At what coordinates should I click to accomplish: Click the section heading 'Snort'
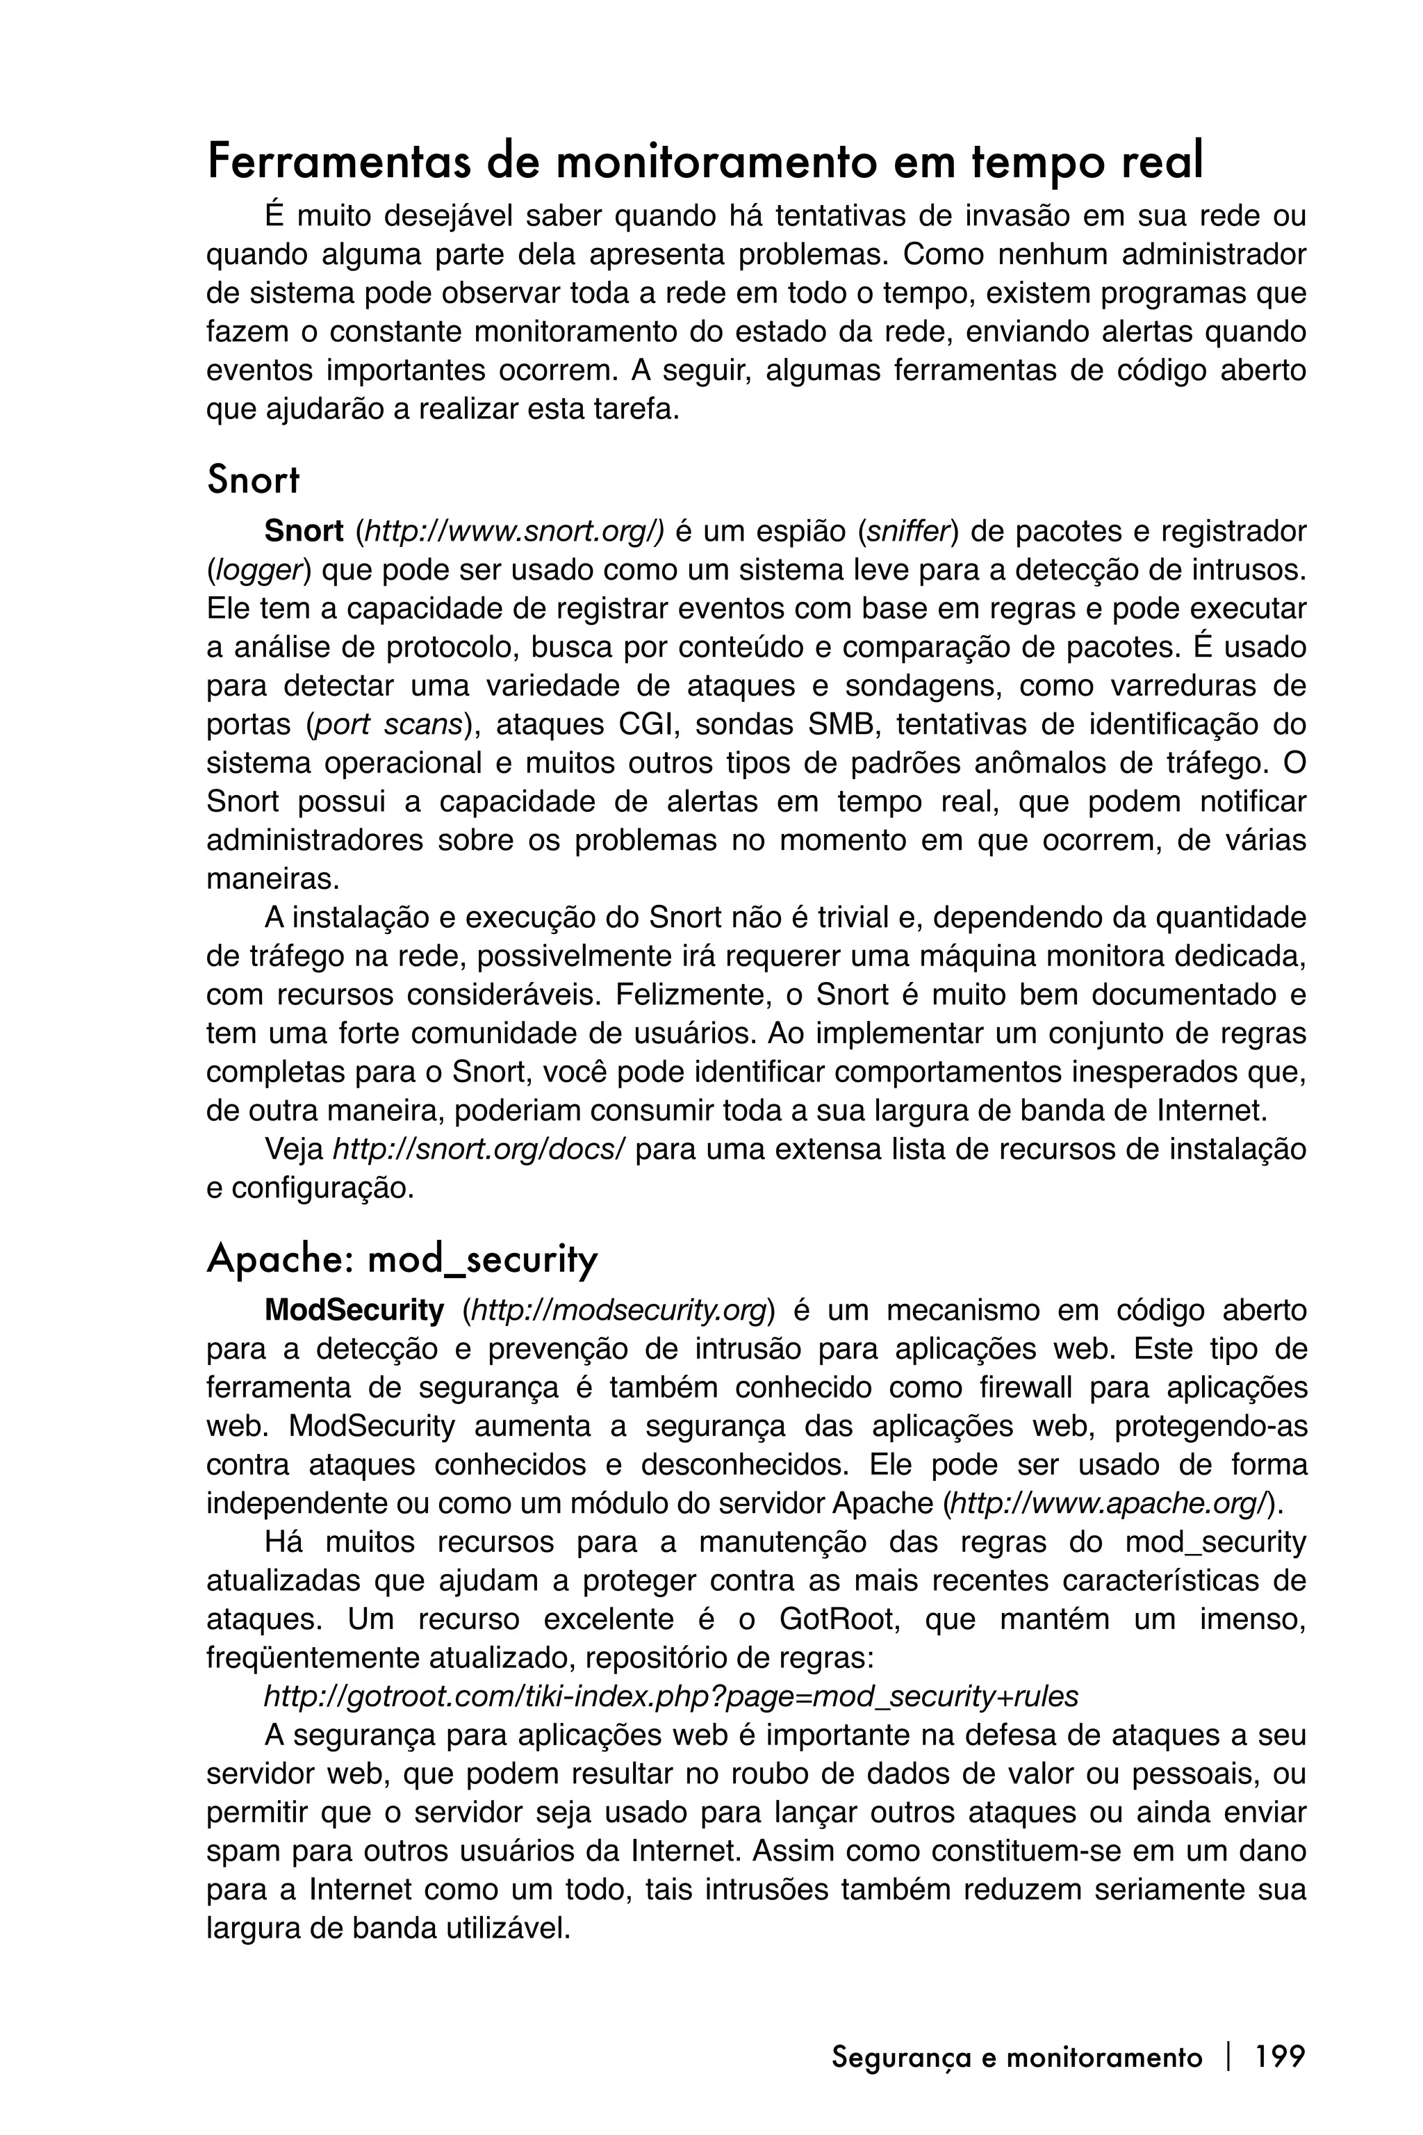click(252, 480)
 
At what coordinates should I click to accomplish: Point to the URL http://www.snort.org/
click(511, 532)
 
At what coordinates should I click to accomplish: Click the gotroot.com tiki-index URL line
click(671, 1696)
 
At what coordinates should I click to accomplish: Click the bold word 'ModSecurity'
click(354, 1311)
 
